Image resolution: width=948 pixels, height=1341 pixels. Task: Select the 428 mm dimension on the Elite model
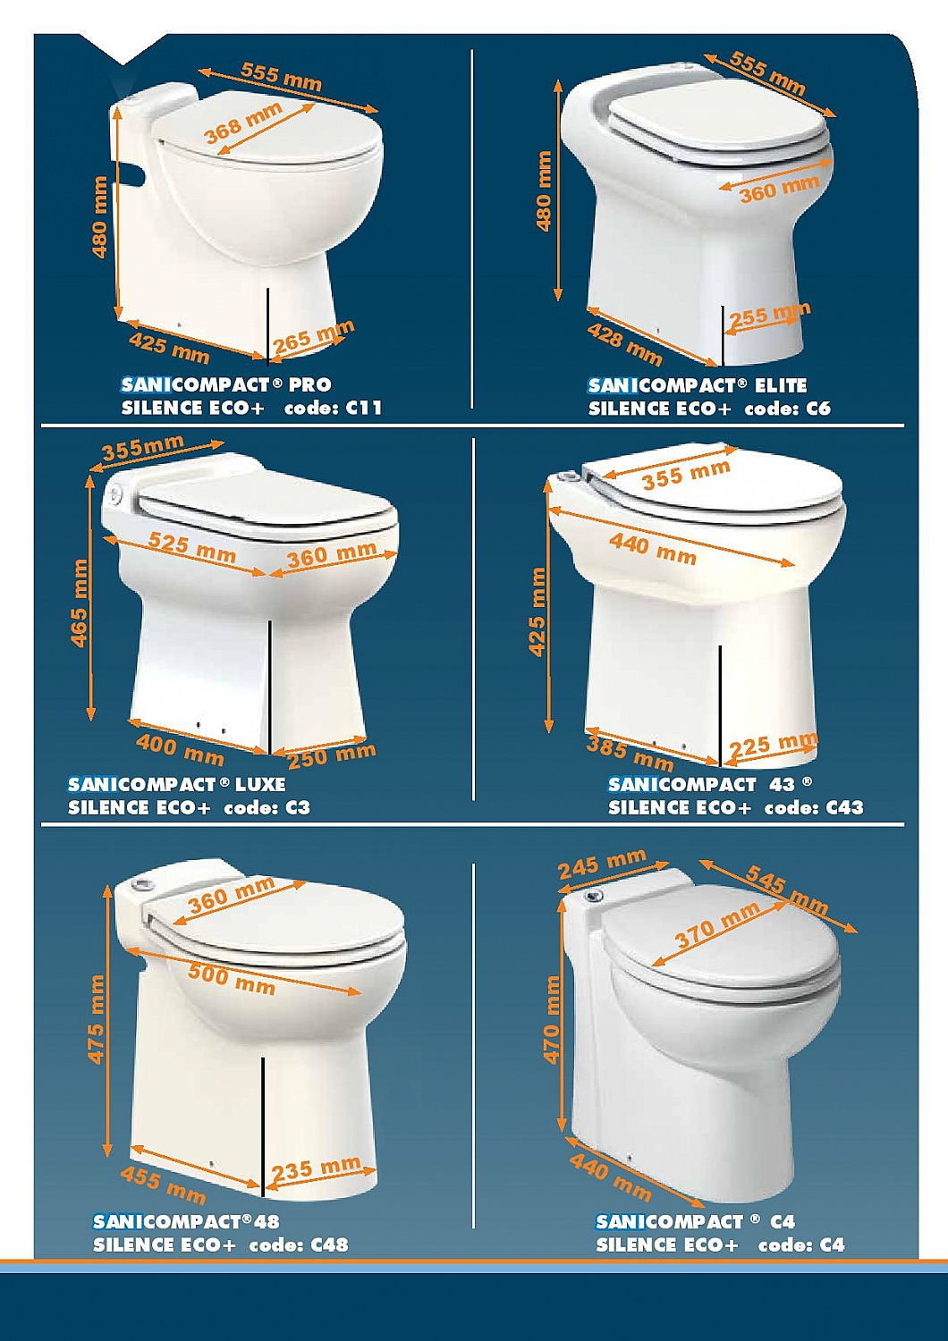click(624, 343)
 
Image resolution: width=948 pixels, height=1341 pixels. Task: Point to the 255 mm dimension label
click(771, 314)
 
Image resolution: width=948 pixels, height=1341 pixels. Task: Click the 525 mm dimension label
click(192, 548)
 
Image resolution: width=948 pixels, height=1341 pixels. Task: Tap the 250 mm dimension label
click(332, 755)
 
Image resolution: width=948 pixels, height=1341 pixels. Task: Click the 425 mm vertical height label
click(537, 611)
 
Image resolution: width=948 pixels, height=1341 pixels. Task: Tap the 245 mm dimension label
click(602, 864)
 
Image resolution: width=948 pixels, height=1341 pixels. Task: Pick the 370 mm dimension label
click(718, 924)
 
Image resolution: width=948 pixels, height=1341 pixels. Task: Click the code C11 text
click(333, 409)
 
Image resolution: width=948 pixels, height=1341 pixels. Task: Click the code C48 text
click(299, 1245)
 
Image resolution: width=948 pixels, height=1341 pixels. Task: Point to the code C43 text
click(815, 807)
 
